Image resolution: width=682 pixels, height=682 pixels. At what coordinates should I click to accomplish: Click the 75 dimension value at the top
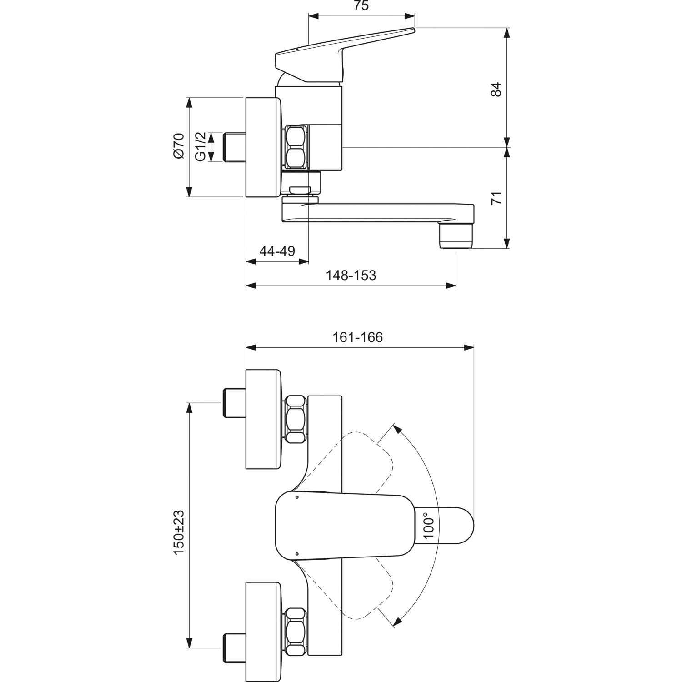(x=361, y=6)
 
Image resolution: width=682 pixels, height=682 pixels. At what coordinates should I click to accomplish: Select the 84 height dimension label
(x=496, y=89)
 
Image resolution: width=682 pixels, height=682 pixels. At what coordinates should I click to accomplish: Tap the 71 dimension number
(x=497, y=198)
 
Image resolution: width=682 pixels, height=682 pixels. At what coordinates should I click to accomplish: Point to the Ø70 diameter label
(x=178, y=146)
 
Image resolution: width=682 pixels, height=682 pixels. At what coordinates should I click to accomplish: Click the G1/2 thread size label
(x=201, y=146)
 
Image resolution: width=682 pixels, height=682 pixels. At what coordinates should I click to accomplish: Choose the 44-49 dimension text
(x=277, y=251)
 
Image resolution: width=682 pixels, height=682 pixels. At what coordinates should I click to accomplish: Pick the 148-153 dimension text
(x=351, y=275)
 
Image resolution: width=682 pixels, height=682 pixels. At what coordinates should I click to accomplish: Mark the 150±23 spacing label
(x=179, y=532)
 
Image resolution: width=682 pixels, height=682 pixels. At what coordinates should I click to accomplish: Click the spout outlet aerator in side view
(x=456, y=236)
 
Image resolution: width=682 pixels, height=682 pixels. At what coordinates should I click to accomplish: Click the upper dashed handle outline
(x=364, y=459)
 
